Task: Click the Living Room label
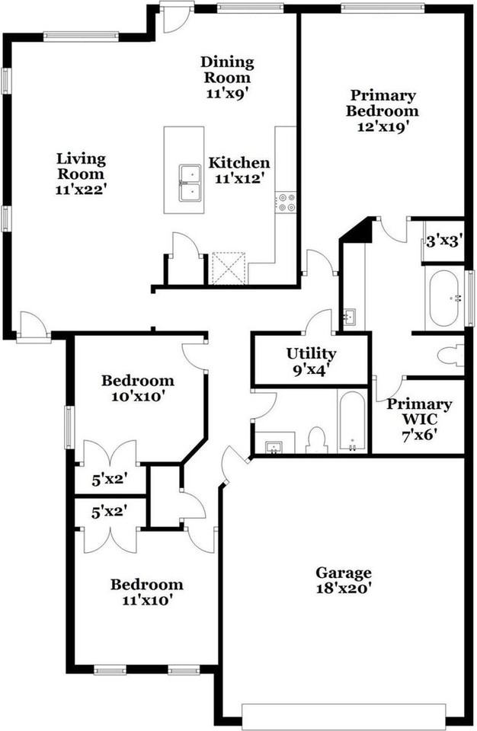click(x=82, y=167)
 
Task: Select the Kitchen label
click(x=239, y=163)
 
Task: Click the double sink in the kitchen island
click(x=190, y=183)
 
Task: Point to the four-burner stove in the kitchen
click(x=285, y=203)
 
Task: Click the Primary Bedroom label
click(x=383, y=103)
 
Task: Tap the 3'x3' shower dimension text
click(x=445, y=241)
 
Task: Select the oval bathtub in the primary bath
click(x=444, y=298)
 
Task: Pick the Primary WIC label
click(x=419, y=411)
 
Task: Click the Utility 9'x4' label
click(x=312, y=361)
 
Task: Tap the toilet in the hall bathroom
click(x=316, y=439)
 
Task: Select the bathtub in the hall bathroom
click(x=352, y=421)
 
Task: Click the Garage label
click(x=344, y=573)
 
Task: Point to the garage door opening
click(x=344, y=717)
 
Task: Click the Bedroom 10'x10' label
click(x=138, y=388)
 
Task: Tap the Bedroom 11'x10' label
click(x=146, y=592)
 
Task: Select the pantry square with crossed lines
click(x=229, y=268)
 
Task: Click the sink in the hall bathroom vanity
click(x=274, y=448)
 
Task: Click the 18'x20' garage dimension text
click(x=344, y=588)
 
